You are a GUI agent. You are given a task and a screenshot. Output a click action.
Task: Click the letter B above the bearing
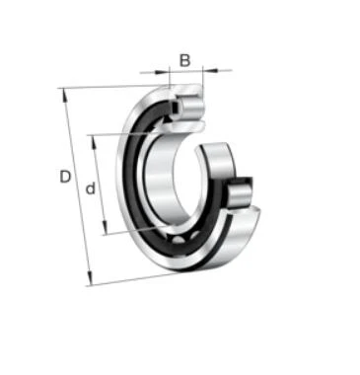pyautogui.click(x=185, y=60)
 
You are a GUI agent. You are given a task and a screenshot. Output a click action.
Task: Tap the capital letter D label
pyautogui.click(x=65, y=177)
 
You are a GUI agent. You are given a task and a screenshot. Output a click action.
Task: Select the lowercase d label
pyautogui.click(x=90, y=188)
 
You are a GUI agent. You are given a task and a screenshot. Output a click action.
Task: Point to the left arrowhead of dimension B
pyautogui.click(x=161, y=72)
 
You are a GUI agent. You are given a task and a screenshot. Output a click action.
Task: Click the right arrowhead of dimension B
pyautogui.click(x=211, y=70)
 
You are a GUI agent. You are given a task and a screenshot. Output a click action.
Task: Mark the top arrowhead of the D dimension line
pyautogui.click(x=65, y=96)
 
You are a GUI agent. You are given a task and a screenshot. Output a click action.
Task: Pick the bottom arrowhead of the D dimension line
pyautogui.click(x=90, y=278)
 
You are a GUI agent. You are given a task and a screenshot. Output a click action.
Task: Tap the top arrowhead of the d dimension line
pyautogui.click(x=95, y=142)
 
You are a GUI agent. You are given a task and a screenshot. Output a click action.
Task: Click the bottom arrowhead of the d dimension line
pyautogui.click(x=105, y=227)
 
